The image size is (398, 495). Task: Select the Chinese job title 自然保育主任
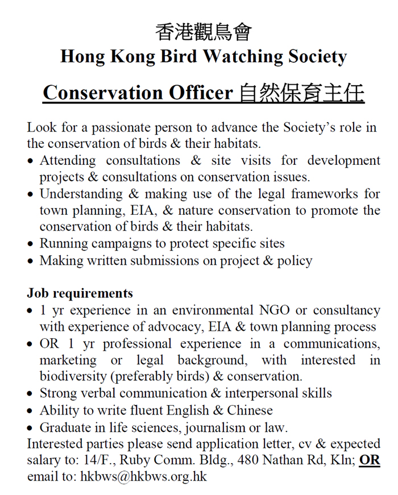pyautogui.click(x=301, y=93)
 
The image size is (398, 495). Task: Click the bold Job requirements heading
pyautogui.click(x=80, y=293)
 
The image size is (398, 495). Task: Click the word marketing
pyautogui.click(x=68, y=360)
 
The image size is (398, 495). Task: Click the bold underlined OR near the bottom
pyautogui.click(x=370, y=460)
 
